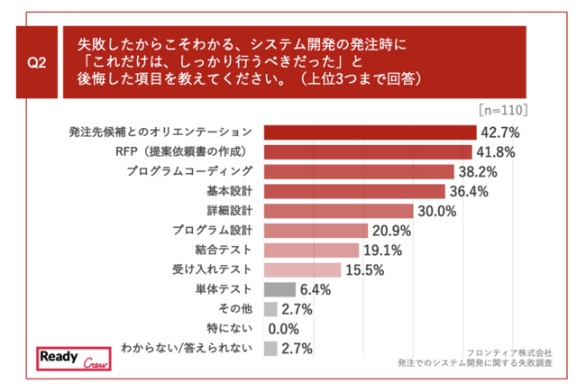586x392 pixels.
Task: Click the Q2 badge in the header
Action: point(37,63)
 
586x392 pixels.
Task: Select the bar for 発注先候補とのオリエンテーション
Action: point(370,132)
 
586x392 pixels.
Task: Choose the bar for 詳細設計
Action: point(339,211)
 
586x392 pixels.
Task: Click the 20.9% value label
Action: point(390,231)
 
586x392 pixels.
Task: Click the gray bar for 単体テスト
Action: point(280,289)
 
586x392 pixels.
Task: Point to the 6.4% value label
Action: point(316,289)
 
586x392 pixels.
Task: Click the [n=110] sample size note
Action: point(503,110)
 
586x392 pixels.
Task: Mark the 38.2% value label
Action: point(477,171)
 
